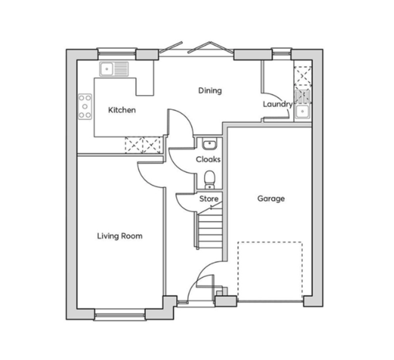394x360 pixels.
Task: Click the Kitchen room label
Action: (x=122, y=110)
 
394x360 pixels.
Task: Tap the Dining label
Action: (x=210, y=90)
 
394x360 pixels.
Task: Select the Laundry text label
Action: (x=278, y=104)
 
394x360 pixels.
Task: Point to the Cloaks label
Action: (x=208, y=159)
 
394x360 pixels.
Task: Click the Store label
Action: (x=209, y=199)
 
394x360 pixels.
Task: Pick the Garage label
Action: (x=271, y=199)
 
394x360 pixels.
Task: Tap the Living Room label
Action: (x=120, y=236)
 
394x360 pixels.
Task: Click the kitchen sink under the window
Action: (x=114, y=69)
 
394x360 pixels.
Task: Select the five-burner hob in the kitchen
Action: (x=85, y=107)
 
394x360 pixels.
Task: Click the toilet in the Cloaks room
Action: (x=210, y=180)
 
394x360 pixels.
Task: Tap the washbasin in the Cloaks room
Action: (x=210, y=145)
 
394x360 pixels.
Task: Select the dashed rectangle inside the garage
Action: (x=270, y=271)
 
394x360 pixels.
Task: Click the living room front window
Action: (x=120, y=314)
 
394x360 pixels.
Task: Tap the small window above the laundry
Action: (x=282, y=53)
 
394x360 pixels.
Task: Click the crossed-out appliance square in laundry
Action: (x=302, y=75)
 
